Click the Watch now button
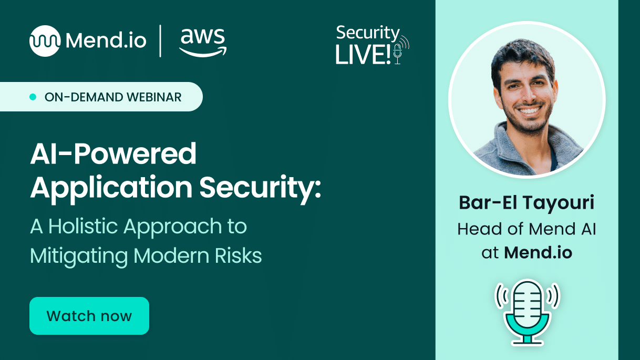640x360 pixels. [89, 316]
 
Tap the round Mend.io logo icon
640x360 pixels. [45, 40]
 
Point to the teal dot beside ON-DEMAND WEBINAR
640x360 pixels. [33, 97]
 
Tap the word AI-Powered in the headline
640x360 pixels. [113, 155]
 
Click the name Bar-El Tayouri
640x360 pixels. [527, 203]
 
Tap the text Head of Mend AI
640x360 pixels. [527, 229]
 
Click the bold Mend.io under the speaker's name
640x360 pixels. [538, 253]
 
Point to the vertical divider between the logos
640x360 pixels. [160, 40]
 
